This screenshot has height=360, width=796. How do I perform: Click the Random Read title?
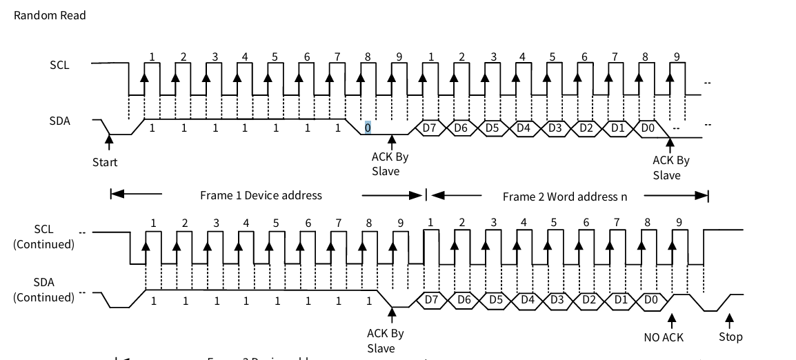pos(50,15)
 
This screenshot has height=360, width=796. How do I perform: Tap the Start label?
pos(105,163)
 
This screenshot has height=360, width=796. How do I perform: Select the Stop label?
pos(730,337)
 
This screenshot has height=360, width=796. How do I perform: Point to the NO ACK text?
pos(663,337)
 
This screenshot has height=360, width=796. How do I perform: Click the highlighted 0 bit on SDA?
pos(368,128)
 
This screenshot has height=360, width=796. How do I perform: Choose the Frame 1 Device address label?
pos(261,195)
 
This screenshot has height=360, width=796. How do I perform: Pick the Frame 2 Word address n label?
pos(565,197)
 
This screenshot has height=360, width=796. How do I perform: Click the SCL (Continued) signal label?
pos(43,237)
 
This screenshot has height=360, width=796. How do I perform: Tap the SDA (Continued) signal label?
pos(43,290)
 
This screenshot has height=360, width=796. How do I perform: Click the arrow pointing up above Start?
pos(108,141)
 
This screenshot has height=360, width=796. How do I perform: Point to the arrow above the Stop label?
pos(730,320)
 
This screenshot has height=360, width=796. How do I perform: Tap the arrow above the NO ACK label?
pos(670,320)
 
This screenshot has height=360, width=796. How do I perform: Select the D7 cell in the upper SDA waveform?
pos(430,128)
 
